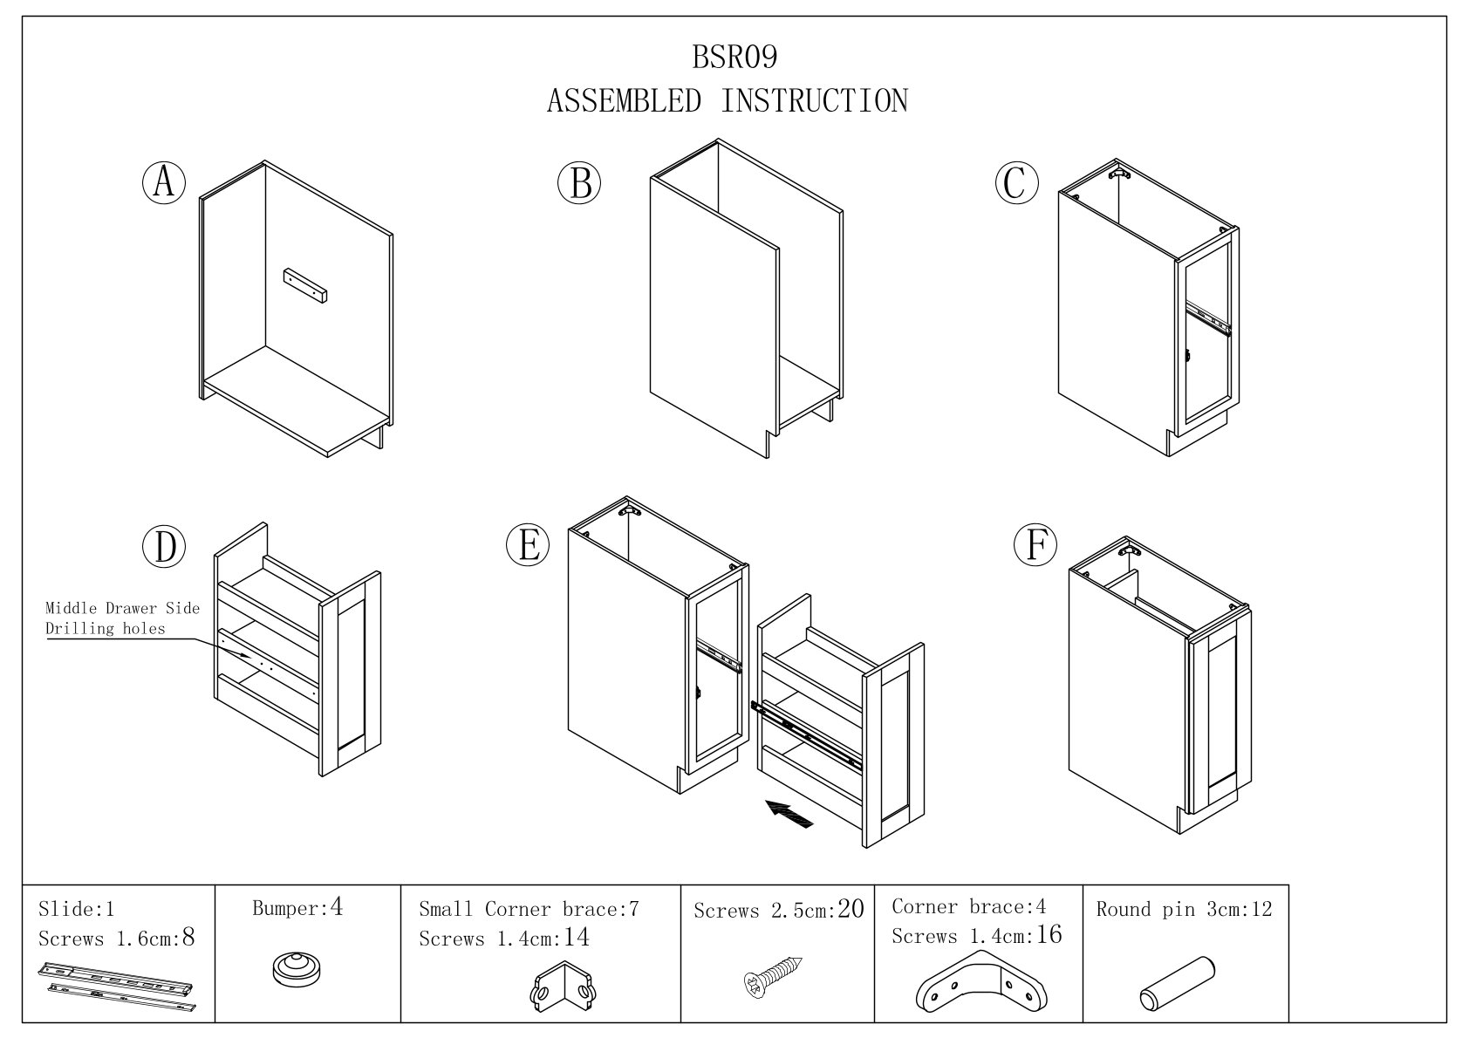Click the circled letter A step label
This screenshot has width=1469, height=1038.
point(164,183)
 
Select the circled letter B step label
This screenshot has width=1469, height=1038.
point(580,183)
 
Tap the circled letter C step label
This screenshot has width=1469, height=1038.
point(1016,183)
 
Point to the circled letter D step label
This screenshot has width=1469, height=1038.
point(165,547)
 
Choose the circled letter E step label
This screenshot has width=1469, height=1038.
point(528,545)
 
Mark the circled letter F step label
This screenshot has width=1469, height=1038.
point(1035,545)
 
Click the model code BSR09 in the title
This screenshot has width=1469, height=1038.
point(734,58)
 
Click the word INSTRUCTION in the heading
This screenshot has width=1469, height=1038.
point(814,101)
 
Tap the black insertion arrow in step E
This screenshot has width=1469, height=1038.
point(790,813)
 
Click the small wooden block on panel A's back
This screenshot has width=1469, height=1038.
point(304,285)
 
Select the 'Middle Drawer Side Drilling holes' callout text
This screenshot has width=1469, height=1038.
point(122,618)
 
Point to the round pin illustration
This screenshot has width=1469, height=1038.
point(1178,982)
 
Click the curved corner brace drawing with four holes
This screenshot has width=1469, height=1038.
point(982,983)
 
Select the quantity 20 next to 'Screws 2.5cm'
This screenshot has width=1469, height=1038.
point(850,910)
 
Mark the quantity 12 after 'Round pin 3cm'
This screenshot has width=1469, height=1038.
point(1261,910)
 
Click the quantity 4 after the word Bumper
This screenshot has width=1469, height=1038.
point(337,908)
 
